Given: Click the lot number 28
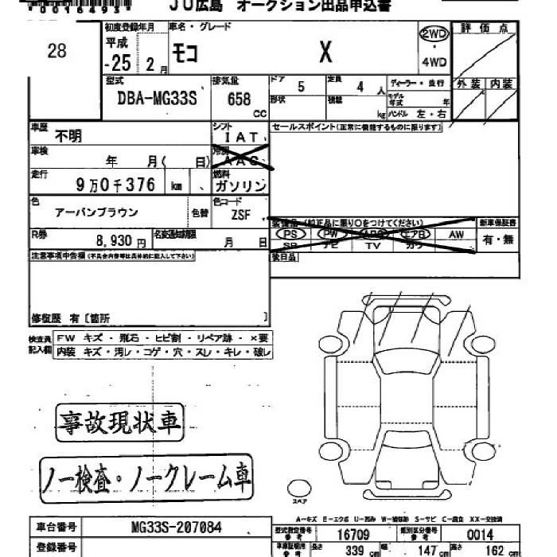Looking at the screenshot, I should (x=56, y=52).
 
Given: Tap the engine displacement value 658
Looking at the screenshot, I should (x=238, y=99).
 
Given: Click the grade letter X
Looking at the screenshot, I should (x=325, y=53).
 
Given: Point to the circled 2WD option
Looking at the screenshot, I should (x=433, y=34).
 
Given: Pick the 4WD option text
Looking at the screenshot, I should (x=434, y=62).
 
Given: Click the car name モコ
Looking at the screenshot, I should (x=189, y=53).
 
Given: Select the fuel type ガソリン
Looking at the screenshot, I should (x=240, y=185).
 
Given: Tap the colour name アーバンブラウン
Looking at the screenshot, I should (x=95, y=212).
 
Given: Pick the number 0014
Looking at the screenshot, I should (x=480, y=536).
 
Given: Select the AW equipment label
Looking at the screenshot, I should (x=456, y=235).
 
